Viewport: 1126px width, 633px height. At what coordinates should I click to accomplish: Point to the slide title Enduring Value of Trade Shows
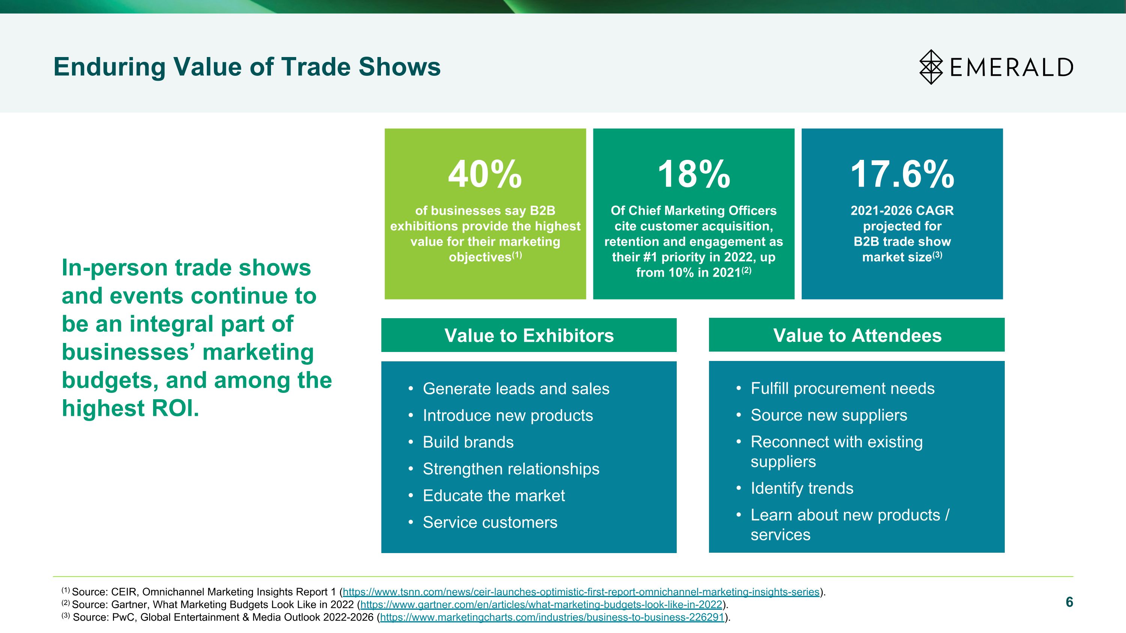coord(247,67)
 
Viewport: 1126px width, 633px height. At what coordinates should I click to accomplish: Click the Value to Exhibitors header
coord(529,335)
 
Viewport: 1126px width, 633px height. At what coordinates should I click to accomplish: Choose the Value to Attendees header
coord(857,335)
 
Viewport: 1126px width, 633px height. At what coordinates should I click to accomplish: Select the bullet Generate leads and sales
coord(516,389)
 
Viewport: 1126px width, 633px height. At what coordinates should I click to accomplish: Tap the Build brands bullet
coord(468,442)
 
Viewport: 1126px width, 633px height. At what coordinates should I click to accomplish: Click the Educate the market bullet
coord(494,495)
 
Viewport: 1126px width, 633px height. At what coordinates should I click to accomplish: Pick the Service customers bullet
coord(490,522)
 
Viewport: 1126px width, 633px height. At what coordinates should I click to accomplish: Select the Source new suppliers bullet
coord(829,415)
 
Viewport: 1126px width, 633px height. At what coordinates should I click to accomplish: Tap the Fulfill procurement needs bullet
coord(842,388)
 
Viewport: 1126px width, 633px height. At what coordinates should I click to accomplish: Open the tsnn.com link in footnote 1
coord(581,592)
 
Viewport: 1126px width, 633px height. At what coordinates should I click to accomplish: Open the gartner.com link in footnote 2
coord(541,604)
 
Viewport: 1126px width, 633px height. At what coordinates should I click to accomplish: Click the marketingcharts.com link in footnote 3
coord(552,617)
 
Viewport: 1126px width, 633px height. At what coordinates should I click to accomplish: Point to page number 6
coord(1069,602)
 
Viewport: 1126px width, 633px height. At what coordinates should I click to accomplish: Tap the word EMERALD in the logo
coord(1012,67)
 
